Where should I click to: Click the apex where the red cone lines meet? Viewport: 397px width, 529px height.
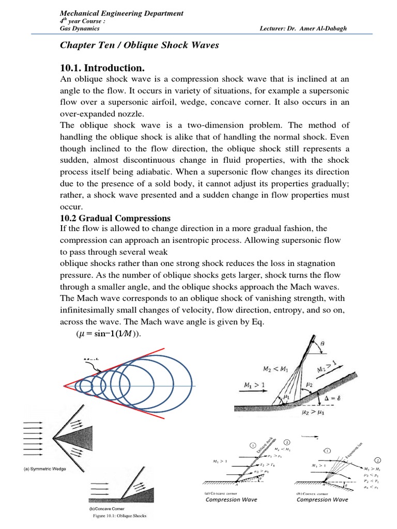coord(64,385)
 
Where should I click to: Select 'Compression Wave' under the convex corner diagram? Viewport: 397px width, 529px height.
coord(322,500)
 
